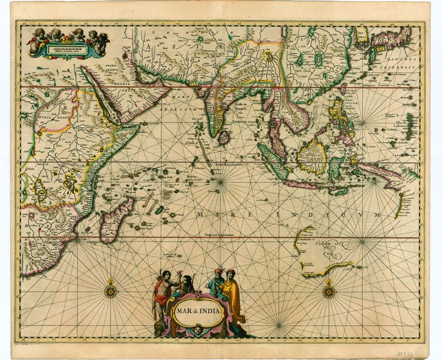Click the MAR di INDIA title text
click(198, 311)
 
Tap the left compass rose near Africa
click(111, 287)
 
